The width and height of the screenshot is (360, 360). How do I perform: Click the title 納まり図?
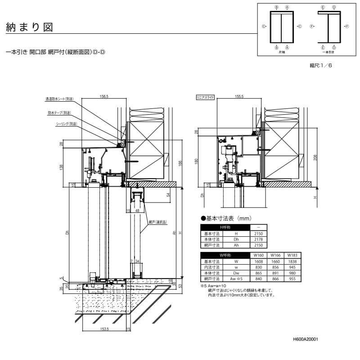pyautogui.click(x=29, y=27)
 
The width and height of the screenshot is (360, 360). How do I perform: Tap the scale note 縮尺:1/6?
pyautogui.click(x=320, y=66)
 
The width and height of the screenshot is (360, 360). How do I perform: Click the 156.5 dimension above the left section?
pyautogui.click(x=104, y=96)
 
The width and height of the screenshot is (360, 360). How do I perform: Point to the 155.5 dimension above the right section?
pyautogui.click(x=239, y=96)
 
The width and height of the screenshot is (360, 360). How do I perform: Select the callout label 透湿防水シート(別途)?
pyautogui.click(x=59, y=99)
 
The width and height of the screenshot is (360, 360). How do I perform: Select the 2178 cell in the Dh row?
pyautogui.click(x=258, y=240)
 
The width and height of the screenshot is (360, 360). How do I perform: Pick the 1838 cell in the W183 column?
pyautogui.click(x=292, y=261)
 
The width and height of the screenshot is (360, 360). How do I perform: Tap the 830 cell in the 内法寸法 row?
pyautogui.click(x=258, y=267)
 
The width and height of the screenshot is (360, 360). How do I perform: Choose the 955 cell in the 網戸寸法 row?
pyautogui.click(x=292, y=279)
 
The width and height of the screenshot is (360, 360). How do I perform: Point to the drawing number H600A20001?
pyautogui.click(x=304, y=341)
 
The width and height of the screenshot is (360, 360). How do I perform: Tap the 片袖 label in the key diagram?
pyautogui.click(x=282, y=52)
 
